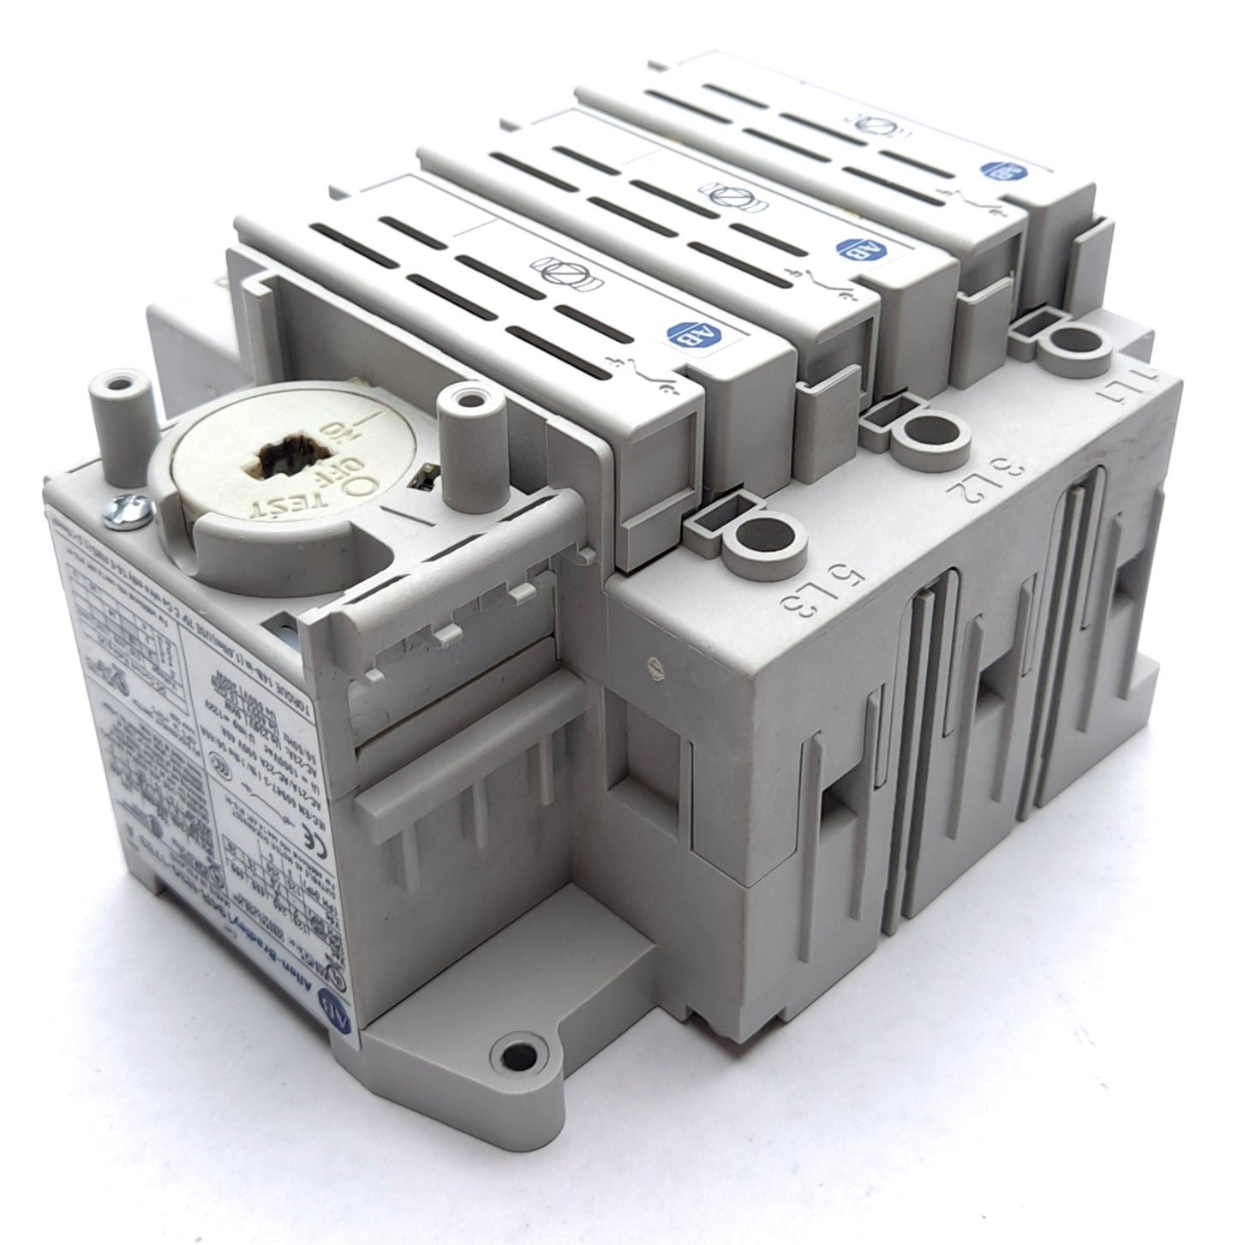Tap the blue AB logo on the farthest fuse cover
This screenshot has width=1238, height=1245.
[998, 171]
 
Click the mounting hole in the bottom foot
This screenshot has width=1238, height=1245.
[515, 1050]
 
